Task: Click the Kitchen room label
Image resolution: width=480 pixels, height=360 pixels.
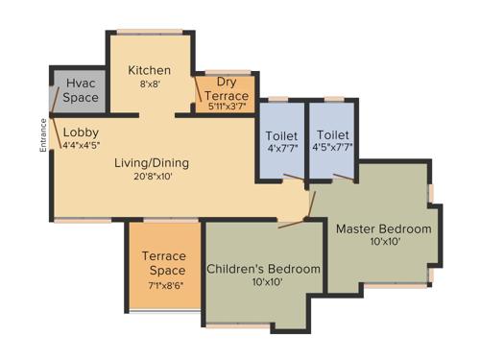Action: point(151,70)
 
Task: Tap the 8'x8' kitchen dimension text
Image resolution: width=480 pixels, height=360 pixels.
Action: point(151,84)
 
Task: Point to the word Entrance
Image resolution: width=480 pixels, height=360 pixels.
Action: point(43,135)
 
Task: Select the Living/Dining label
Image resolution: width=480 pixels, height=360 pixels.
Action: point(151,162)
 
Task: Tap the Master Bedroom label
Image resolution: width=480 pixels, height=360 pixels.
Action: point(383,229)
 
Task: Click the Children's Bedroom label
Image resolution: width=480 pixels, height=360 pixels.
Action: point(263,269)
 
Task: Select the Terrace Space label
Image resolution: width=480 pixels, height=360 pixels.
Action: point(164,263)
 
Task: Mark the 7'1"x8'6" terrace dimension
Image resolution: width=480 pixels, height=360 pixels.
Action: point(164,285)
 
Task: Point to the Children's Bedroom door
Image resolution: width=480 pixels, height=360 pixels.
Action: point(291,224)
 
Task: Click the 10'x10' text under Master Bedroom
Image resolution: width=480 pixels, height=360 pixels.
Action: point(383,244)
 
